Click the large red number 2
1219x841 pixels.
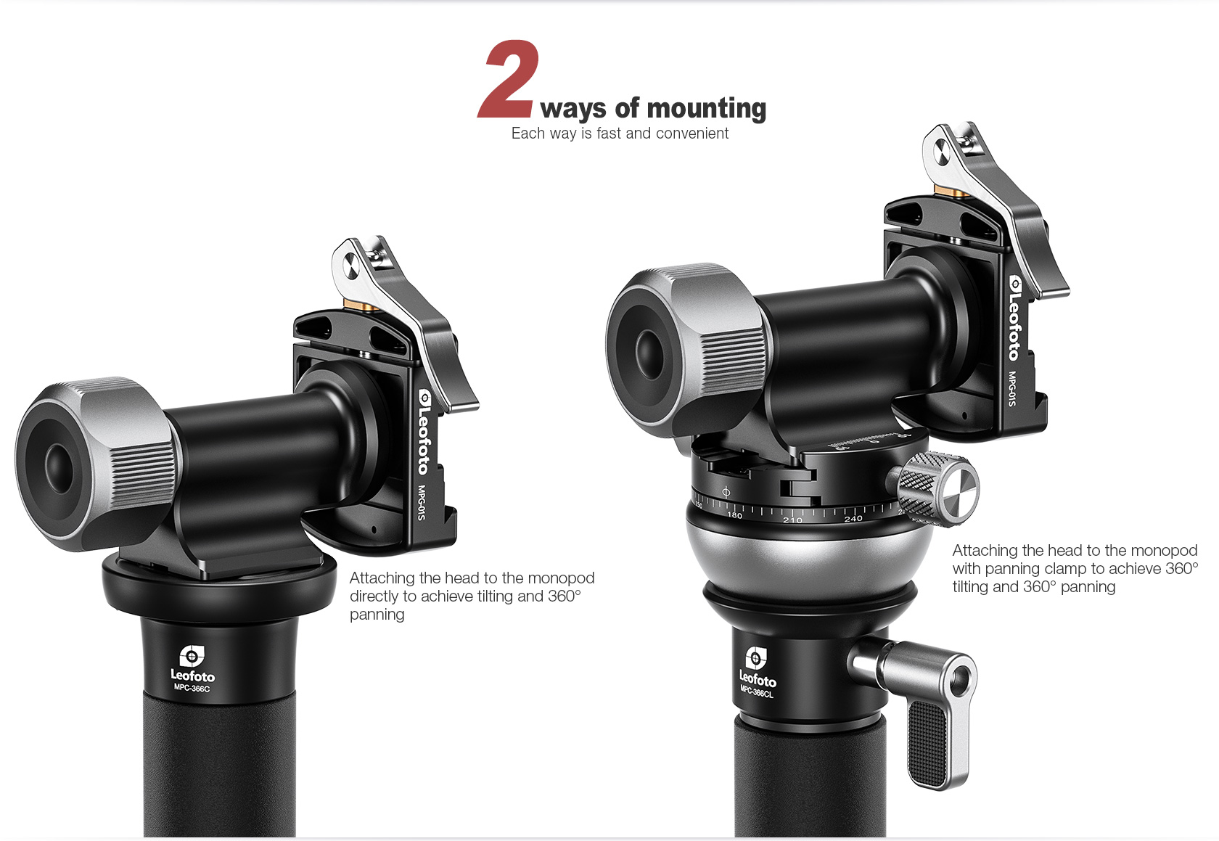click(x=509, y=79)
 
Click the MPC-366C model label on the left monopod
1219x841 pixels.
click(x=192, y=688)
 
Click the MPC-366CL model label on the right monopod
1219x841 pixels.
click(x=756, y=692)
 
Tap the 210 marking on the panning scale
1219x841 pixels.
click(x=792, y=520)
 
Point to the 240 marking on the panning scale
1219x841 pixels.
click(x=853, y=519)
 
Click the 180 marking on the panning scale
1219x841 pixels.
click(x=734, y=515)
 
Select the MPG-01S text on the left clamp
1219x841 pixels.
click(x=421, y=502)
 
